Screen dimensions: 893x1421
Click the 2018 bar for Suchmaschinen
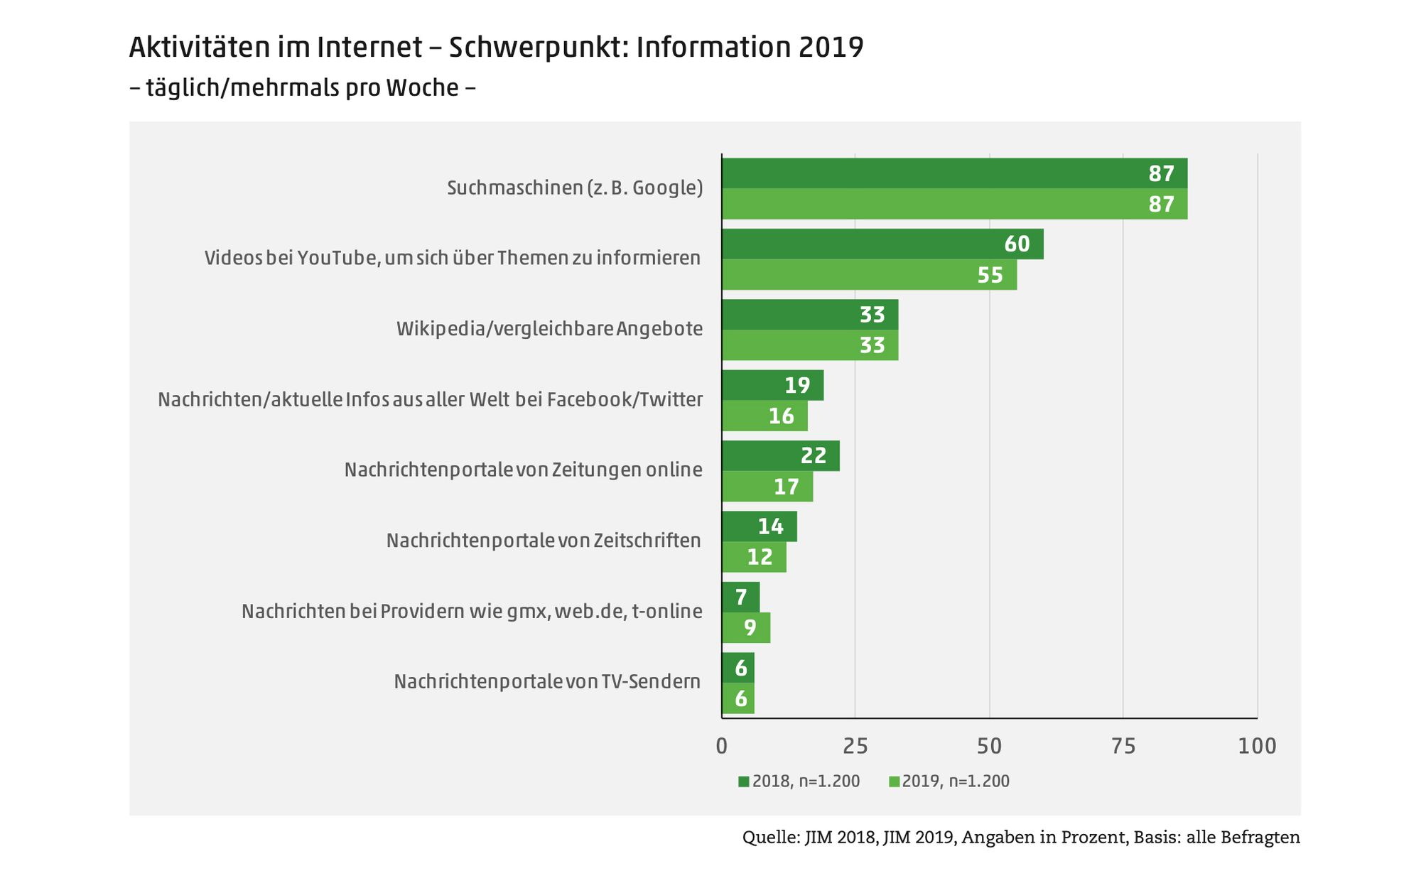click(954, 173)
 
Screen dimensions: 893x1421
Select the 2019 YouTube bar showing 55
click(869, 275)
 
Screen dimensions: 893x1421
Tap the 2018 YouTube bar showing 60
click(882, 244)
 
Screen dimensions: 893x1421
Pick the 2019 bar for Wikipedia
click(810, 345)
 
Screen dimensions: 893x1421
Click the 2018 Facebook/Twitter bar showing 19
click(772, 385)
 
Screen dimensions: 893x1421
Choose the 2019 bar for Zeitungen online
click(767, 487)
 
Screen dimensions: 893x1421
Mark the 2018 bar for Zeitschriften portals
click(760, 526)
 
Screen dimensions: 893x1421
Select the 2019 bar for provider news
click(746, 628)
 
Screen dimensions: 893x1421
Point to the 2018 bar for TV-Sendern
click(738, 668)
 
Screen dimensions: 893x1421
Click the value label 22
click(814, 456)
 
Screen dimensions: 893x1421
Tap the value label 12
click(760, 557)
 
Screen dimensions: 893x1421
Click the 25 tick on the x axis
click(855, 747)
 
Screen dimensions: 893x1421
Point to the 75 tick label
click(1123, 747)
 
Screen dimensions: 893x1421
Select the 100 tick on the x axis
click(1257, 747)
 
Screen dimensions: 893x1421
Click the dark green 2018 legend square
click(744, 781)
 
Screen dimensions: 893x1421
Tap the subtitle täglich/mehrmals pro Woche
click(303, 88)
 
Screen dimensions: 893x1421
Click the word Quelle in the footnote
click(770, 838)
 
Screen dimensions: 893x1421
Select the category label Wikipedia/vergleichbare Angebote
click(549, 329)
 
